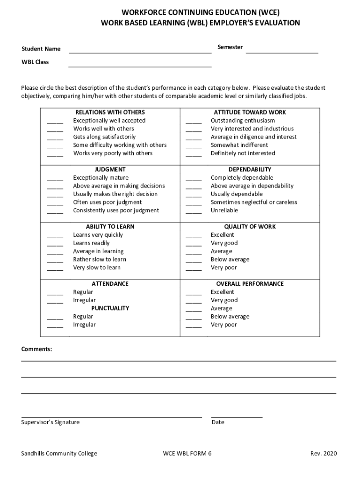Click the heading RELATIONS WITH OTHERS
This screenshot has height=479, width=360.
(110, 112)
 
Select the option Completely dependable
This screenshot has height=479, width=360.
(242, 178)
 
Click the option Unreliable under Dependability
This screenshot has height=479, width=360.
(224, 210)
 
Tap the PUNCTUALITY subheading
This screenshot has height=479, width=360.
(110, 308)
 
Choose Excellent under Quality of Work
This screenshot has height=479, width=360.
(222, 235)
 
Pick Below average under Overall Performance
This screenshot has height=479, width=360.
(230, 317)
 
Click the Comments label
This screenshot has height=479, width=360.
(36, 349)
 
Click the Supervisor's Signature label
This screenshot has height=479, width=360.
(50, 422)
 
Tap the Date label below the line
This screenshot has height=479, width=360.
(218, 422)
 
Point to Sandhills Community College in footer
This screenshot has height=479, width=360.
(59, 453)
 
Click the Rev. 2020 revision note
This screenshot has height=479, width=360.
(323, 453)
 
